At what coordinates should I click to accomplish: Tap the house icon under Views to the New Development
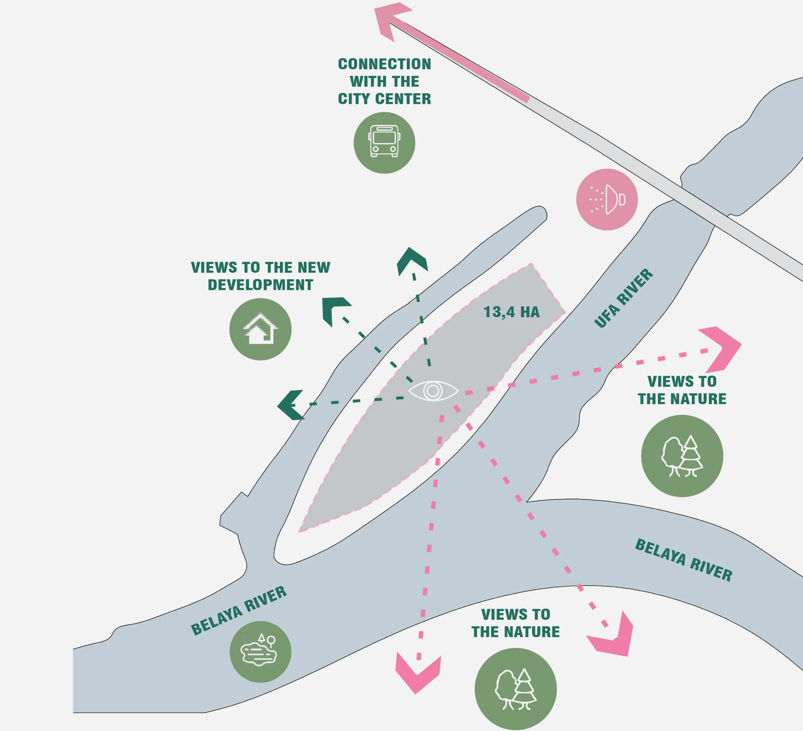click(x=260, y=329)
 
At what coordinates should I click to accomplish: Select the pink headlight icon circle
click(x=607, y=199)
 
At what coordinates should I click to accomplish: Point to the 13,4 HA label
click(x=511, y=312)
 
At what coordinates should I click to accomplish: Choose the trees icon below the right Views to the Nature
click(x=682, y=456)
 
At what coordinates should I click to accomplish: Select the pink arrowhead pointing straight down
click(x=417, y=676)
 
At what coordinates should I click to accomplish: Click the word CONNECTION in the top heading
click(x=384, y=64)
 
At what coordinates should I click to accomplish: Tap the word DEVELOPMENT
click(x=260, y=285)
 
